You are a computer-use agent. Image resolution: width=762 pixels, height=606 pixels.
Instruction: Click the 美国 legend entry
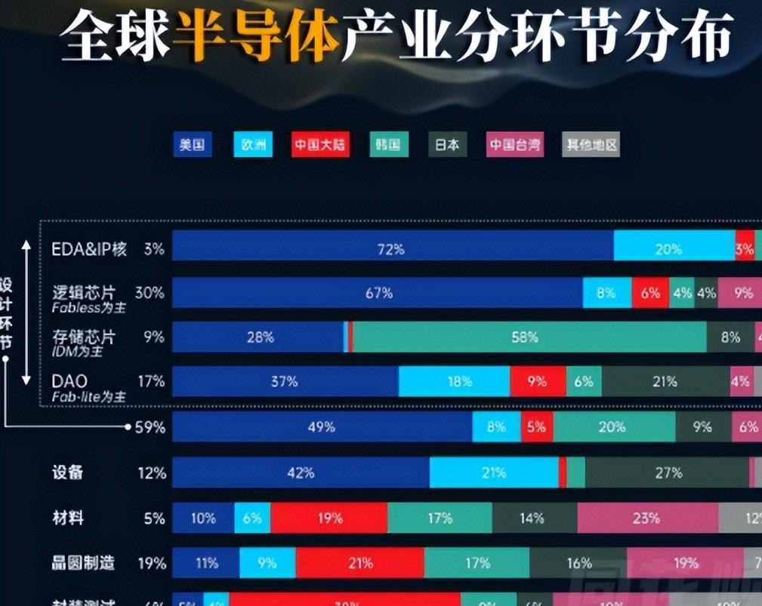(193, 145)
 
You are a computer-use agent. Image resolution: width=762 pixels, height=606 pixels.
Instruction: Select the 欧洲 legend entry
(253, 145)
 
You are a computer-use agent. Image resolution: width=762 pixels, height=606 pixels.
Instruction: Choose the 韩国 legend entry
(389, 145)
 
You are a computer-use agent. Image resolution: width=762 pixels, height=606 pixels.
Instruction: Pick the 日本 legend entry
(447, 145)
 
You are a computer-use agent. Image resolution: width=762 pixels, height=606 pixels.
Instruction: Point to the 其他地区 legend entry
(591, 145)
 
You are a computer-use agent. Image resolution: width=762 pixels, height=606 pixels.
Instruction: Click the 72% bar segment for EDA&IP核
(392, 248)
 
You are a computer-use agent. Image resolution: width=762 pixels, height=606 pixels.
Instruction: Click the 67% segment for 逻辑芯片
(378, 293)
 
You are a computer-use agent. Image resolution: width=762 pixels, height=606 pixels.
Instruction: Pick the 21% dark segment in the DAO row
(665, 382)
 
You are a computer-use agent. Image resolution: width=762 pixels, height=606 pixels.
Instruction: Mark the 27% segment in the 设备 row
(668, 473)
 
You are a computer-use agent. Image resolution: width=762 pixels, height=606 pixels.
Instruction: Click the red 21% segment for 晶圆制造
(360, 563)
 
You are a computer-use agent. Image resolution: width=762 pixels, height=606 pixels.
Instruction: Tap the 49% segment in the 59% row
(322, 427)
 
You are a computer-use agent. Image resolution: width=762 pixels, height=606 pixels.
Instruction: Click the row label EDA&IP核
(89, 248)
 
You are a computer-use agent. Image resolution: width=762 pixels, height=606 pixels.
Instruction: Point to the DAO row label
(69, 381)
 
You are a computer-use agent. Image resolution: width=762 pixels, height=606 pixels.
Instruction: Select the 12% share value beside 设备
(152, 473)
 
